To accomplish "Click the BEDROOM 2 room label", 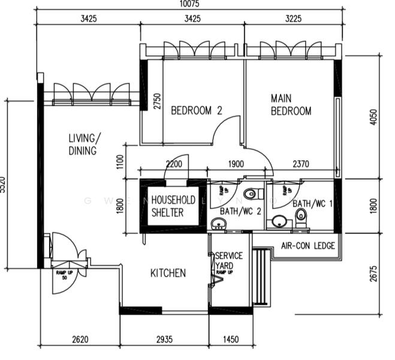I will pos(197,110).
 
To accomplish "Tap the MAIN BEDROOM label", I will pos(291,104).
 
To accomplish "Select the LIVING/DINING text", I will pos(84,144).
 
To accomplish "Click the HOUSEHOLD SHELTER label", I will pos(173,206).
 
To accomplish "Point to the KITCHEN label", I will pos(168,273).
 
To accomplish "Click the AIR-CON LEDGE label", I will pos(307,246).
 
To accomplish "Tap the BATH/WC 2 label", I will pos(240,211).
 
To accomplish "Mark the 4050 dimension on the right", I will pos(375,116).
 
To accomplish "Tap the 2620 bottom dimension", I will pos(80,340).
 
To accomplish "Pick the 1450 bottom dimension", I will pos(230,340).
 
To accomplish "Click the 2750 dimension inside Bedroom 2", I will pos(157,100).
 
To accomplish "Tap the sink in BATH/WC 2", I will pos(219,224).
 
